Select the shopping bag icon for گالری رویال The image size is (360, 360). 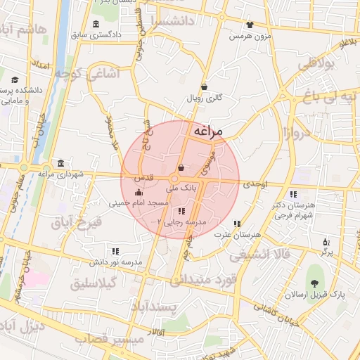click(204, 87)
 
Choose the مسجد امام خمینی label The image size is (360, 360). click(139, 203)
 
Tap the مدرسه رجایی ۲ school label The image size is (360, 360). click(181, 221)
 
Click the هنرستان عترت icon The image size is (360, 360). click(236, 224)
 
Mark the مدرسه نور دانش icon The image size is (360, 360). click(115, 250)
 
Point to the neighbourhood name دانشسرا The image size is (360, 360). click(186, 20)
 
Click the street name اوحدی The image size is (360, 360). click(255, 184)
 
